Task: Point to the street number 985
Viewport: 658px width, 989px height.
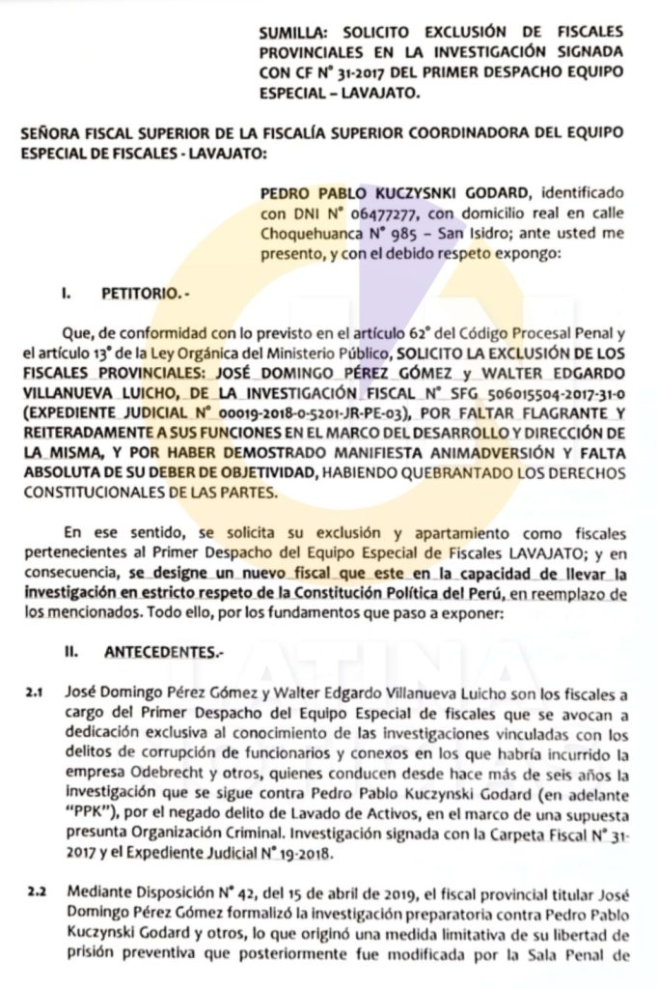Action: (405, 234)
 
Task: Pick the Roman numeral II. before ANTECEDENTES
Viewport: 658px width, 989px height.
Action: (69, 652)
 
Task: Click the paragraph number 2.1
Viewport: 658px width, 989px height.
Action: (35, 693)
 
